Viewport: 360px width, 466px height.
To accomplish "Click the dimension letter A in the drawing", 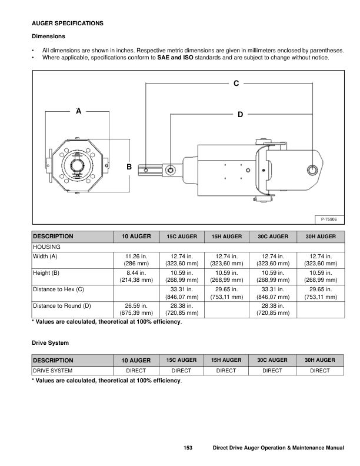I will [78, 110].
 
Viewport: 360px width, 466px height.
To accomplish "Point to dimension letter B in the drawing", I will [129, 168].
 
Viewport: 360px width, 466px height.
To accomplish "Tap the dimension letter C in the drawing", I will [236, 84].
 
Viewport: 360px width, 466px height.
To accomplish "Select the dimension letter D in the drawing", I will [240, 114].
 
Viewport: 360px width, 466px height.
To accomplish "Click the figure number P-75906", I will [333, 219].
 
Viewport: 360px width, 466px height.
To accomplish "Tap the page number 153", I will [188, 448].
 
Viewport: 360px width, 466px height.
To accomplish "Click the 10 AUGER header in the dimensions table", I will [136, 236].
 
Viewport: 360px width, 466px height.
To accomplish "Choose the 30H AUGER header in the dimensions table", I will [319, 236].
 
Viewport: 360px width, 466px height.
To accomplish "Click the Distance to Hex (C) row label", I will [58, 289].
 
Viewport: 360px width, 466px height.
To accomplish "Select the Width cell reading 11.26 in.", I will [136, 257].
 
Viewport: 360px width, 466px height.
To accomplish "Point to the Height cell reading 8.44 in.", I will [136, 273].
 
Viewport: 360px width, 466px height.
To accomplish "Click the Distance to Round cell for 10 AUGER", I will [136, 309].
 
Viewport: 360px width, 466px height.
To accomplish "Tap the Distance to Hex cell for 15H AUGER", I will [226, 293].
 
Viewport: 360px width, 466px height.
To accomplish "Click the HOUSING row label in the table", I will [46, 247].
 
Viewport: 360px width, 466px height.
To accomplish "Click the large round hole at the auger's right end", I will [312, 170].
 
